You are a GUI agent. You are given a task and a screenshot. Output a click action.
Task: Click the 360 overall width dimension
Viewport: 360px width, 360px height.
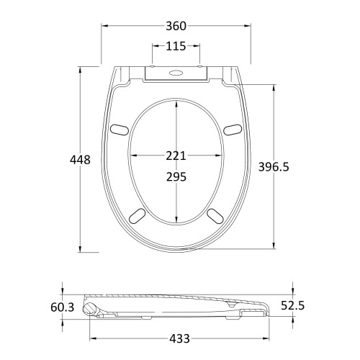[176, 26]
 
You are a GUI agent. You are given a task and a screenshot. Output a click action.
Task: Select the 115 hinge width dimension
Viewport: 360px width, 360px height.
[176, 46]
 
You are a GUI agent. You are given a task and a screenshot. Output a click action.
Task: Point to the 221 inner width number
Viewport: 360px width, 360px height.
[176, 156]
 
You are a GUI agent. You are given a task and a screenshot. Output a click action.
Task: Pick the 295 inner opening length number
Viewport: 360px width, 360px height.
[176, 177]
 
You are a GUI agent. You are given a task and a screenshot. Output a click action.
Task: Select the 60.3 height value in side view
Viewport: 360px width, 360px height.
[63, 307]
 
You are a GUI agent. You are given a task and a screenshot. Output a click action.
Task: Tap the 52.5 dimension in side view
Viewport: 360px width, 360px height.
[292, 306]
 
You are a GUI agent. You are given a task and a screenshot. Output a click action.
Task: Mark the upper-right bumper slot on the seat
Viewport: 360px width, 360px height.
[233, 129]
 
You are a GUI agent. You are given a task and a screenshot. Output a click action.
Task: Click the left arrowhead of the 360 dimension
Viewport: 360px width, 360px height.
[103, 26]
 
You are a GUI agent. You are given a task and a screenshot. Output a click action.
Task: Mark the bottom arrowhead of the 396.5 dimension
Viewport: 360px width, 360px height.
[274, 247]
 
